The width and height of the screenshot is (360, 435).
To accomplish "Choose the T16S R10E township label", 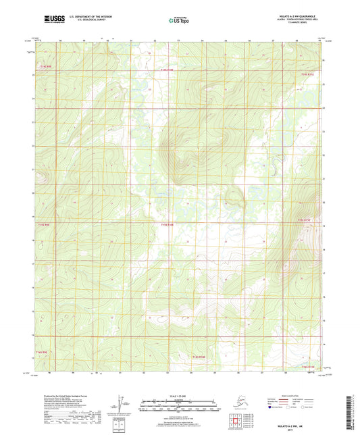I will coord(196,356).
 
